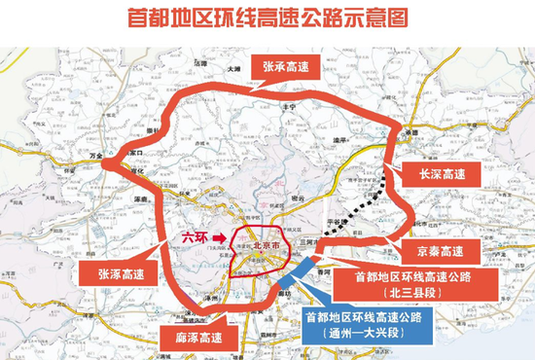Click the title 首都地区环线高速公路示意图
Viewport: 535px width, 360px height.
[x=267, y=18]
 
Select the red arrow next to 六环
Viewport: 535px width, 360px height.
[x=223, y=236]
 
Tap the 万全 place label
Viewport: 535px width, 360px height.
[x=95, y=155]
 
